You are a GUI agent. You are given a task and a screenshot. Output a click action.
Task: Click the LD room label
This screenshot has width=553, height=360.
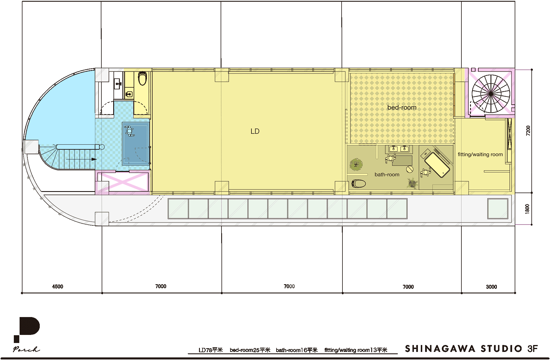255,131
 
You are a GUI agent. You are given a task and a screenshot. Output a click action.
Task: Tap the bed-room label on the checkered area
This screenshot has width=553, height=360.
402,108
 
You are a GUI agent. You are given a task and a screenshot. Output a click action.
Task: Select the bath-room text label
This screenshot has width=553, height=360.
387,174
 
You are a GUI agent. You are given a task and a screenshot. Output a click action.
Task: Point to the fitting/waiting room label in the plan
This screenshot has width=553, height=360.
480,154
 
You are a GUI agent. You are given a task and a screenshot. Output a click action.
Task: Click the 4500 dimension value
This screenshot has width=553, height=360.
58,287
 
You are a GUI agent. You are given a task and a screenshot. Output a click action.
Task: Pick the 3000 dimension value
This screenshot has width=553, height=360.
491,287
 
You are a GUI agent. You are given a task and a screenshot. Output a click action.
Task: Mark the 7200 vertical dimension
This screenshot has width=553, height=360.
528,131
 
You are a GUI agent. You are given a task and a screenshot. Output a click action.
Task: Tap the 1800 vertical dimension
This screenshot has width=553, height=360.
527,209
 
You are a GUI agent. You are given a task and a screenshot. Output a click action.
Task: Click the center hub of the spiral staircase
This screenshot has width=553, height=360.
491,94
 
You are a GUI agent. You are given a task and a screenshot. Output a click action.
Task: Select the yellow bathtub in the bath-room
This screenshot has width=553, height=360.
437,165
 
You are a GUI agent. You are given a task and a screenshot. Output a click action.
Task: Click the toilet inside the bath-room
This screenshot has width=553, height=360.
359,183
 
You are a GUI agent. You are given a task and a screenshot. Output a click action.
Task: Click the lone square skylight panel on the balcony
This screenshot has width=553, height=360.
497,209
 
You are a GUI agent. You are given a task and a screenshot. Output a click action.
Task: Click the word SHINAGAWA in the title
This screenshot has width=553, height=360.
440,349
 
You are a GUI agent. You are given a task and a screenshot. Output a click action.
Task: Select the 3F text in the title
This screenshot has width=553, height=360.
533,349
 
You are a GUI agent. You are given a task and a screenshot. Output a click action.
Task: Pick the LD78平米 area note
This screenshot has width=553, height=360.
211,350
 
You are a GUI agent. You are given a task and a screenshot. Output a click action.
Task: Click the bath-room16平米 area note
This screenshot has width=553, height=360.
297,350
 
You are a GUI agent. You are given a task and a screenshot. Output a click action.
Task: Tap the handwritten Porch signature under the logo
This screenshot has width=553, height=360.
26,349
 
